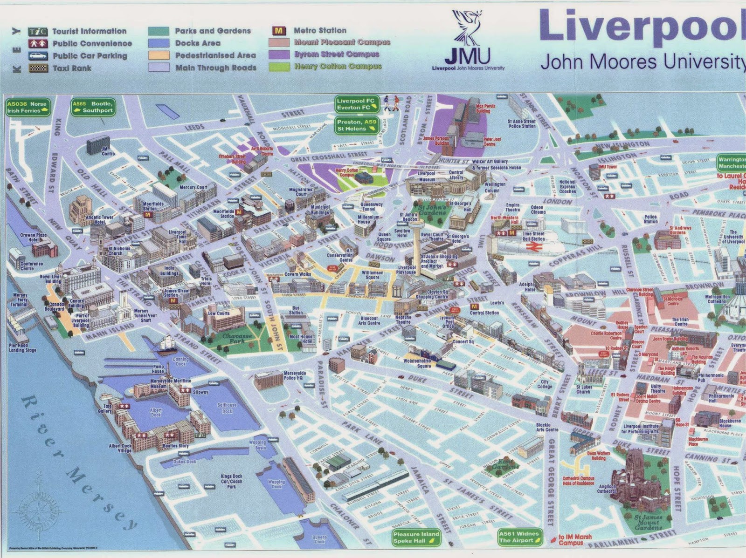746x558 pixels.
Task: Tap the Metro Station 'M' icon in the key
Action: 279,31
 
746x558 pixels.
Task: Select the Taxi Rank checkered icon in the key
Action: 38,68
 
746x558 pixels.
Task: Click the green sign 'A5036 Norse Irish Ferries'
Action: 28,107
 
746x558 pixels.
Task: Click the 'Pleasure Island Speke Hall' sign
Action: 416,538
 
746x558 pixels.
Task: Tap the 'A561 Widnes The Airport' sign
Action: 519,537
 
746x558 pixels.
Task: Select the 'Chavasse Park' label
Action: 237,339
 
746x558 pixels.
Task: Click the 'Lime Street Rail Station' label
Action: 533,236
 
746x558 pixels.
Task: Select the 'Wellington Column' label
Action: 495,187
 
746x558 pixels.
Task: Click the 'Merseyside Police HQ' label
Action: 295,375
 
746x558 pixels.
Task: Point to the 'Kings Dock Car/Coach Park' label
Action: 231,481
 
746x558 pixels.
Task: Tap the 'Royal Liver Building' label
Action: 51,279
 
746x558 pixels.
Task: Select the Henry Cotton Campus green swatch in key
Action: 279,67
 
